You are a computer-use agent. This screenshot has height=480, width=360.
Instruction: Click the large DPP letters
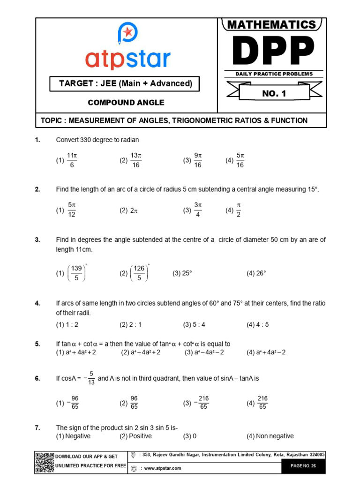(272, 51)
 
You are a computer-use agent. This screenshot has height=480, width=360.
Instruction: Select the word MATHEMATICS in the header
(272, 25)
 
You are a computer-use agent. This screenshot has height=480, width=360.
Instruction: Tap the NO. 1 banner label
(274, 93)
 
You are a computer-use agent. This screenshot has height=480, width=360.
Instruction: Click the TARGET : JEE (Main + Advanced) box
(125, 84)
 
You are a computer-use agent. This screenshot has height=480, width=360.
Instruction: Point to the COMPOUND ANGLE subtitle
(126, 103)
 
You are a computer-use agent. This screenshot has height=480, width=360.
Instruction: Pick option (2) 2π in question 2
(129, 211)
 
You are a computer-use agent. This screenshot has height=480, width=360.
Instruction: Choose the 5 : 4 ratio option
(195, 324)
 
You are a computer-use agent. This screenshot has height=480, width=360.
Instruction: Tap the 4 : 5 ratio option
(258, 324)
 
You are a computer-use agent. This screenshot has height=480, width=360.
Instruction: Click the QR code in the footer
(45, 462)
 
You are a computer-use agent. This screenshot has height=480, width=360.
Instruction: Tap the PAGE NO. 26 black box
(303, 466)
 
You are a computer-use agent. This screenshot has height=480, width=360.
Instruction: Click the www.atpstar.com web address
(163, 468)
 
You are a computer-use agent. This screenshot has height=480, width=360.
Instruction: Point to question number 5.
(37, 344)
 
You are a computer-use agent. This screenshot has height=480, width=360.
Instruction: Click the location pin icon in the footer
(134, 455)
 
